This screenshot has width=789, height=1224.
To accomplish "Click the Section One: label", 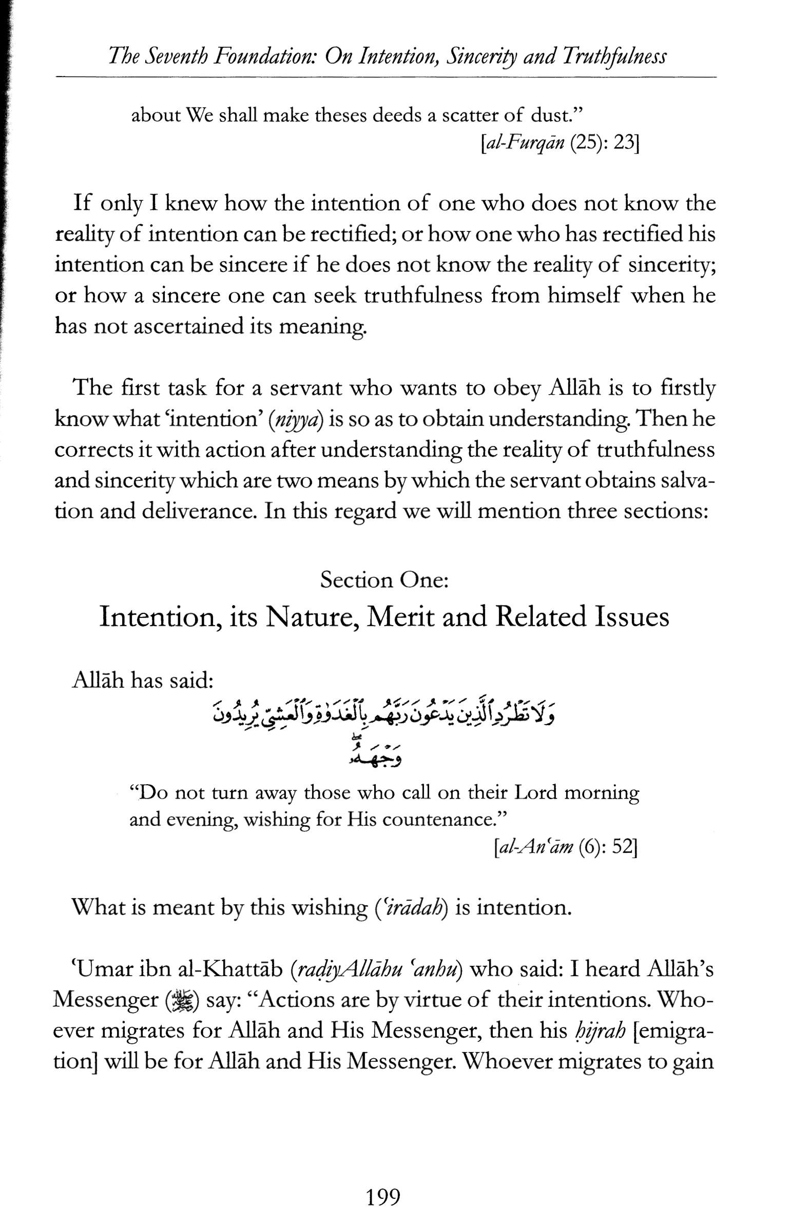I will [x=384, y=580].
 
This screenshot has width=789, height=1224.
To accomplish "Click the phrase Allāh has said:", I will [x=143, y=681].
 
